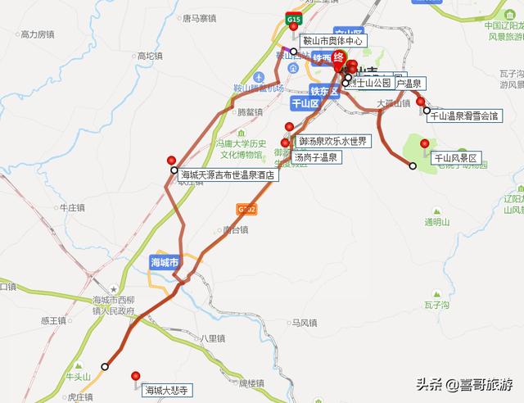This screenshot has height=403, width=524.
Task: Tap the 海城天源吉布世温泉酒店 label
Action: (x=229, y=174)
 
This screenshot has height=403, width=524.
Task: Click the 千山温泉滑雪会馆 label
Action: (x=464, y=116)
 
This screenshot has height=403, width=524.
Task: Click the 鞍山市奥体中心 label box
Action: (x=331, y=40)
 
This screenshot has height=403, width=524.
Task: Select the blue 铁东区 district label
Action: (x=324, y=91)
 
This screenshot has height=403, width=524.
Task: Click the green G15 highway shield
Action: (x=293, y=18)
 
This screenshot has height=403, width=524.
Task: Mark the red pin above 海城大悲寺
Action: (x=136, y=376)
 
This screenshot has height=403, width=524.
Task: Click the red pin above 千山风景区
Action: (x=424, y=144)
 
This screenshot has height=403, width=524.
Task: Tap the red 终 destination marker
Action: (x=338, y=57)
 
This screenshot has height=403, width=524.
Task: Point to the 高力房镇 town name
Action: (x=37, y=34)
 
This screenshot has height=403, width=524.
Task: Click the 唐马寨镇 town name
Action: (x=199, y=17)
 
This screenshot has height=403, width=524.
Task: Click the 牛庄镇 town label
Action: (x=73, y=208)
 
